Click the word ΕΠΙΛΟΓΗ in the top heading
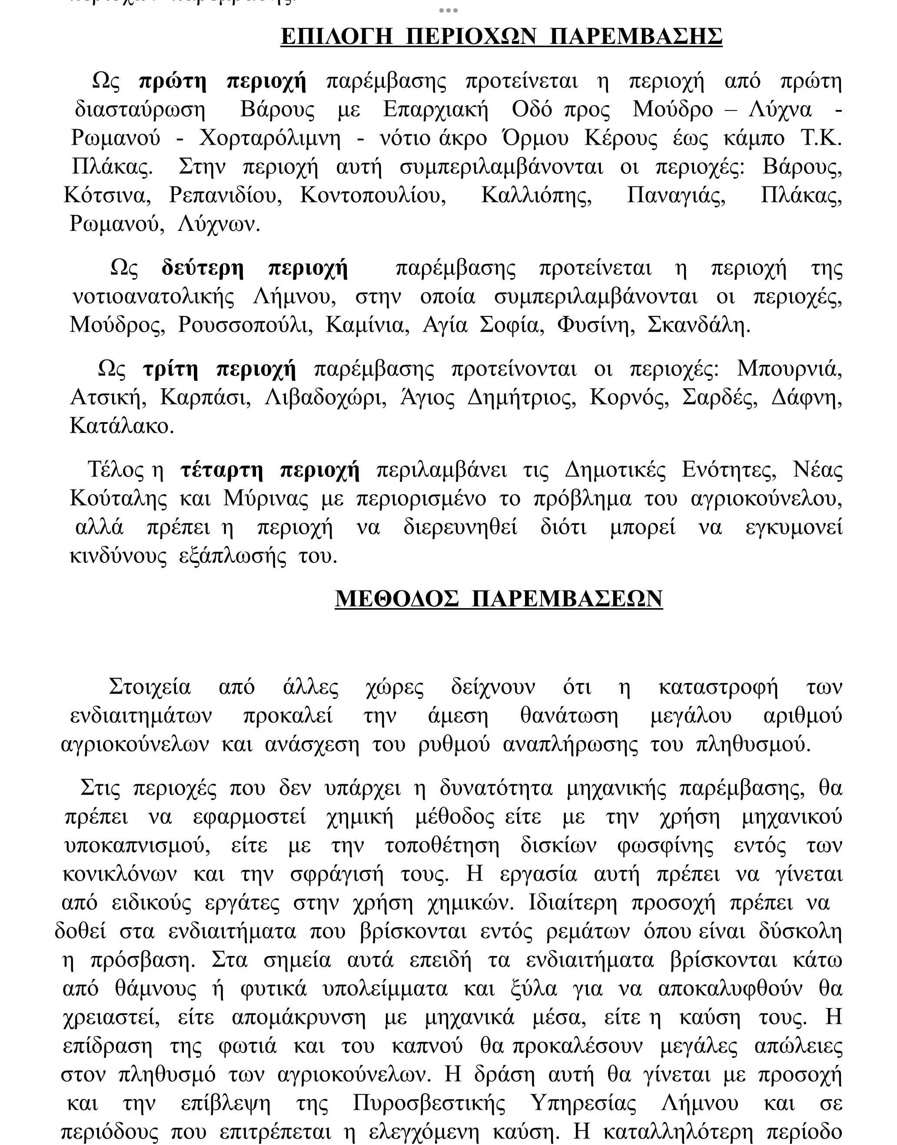point(337,37)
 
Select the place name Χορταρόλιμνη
point(270,138)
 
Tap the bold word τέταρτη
point(221,469)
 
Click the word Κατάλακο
point(121,426)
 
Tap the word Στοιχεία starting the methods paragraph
point(149,687)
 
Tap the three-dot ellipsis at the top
point(448,10)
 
